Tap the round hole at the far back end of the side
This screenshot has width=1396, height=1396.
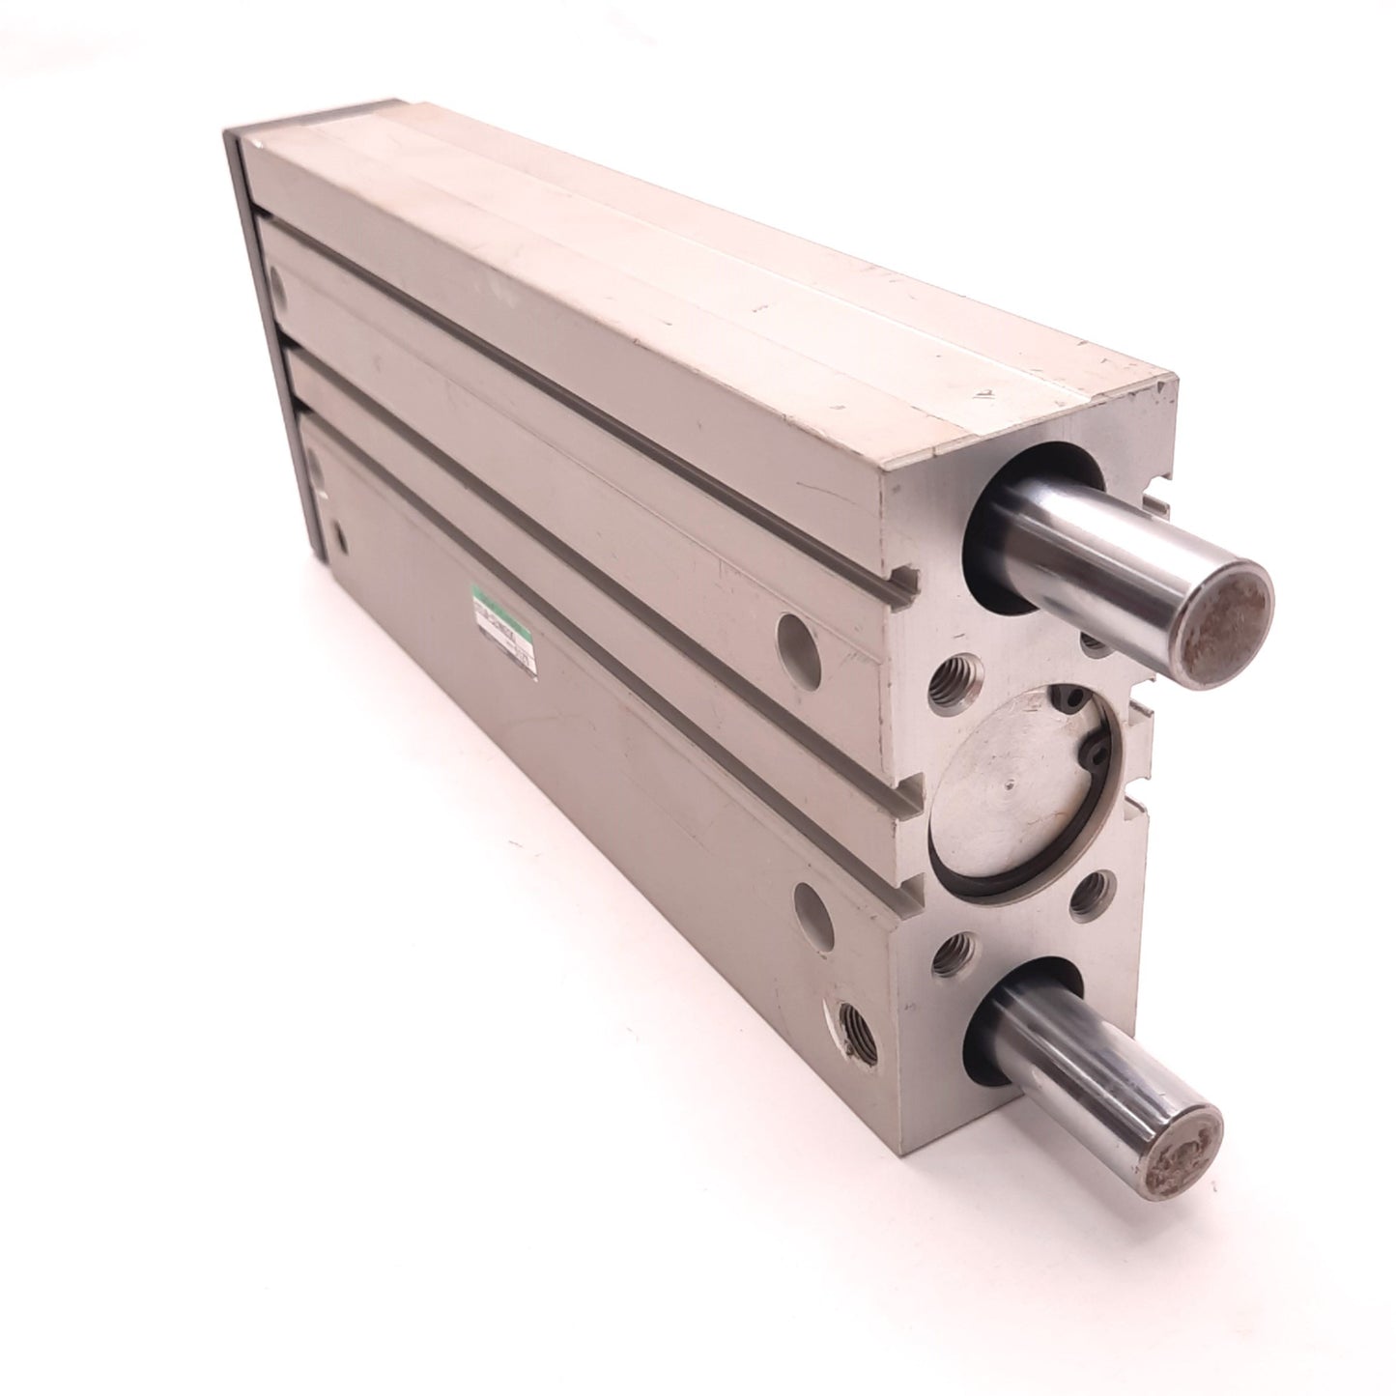click(x=279, y=289)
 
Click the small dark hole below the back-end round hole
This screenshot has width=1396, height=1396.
click(x=337, y=535)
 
